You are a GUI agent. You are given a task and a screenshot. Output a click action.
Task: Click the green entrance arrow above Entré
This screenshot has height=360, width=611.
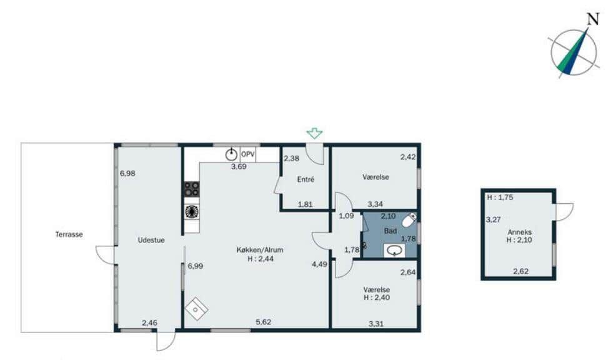(x=314, y=133)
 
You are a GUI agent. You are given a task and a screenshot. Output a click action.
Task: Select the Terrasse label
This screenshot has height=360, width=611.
(x=68, y=235)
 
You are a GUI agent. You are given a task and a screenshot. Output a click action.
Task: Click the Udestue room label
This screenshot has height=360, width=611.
(x=151, y=240)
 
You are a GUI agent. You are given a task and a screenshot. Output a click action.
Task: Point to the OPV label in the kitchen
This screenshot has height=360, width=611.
(x=248, y=154)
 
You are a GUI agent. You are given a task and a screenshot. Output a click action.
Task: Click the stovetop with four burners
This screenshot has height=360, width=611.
(x=192, y=189)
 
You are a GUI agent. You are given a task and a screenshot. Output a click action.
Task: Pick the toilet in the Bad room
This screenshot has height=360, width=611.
(x=409, y=221)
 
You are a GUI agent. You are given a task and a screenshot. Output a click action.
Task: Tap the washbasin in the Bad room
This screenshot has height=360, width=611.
(x=395, y=251)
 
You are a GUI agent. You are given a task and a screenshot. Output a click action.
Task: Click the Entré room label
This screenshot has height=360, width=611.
(x=305, y=179)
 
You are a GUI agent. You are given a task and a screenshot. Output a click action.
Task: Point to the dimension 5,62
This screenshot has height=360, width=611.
(x=264, y=322)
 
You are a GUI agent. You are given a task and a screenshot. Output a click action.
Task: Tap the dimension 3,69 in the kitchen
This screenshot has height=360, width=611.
(x=239, y=167)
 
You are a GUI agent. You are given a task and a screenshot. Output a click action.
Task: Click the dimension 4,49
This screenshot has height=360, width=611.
(x=320, y=264)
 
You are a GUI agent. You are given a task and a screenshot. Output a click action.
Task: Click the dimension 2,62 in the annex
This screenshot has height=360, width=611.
(x=521, y=271)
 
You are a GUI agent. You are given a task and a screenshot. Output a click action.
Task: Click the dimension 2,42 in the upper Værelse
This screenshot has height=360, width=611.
(x=408, y=157)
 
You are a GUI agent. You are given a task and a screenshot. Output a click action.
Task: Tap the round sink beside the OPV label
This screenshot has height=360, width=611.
(x=232, y=154)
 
